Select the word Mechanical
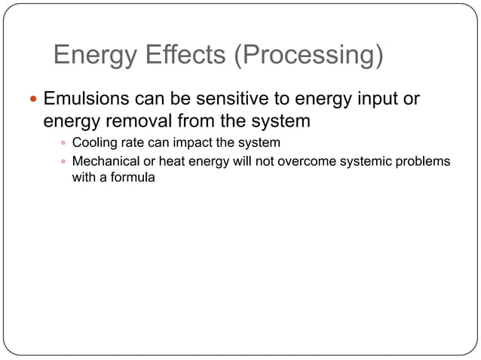click(x=106, y=162)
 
